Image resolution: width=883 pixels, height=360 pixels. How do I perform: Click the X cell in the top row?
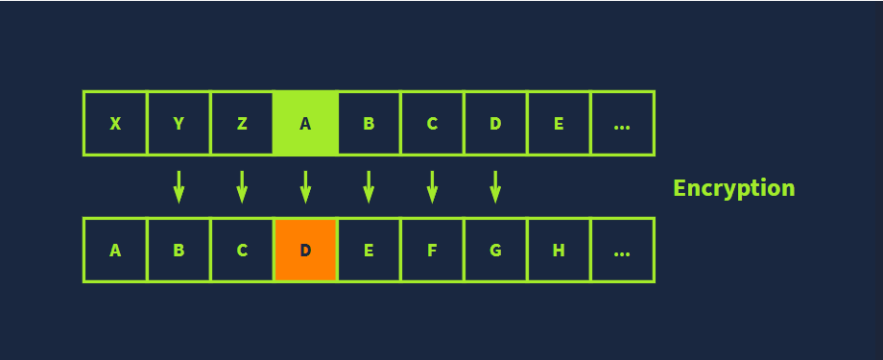tap(115, 123)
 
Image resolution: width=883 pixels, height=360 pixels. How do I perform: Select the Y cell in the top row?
tap(179, 123)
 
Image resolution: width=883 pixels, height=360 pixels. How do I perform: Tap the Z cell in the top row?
tap(242, 123)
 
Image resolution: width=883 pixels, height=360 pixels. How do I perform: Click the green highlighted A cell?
tap(305, 123)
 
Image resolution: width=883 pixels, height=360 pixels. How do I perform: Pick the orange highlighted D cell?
tap(305, 250)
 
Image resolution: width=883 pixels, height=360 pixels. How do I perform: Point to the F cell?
tap(432, 250)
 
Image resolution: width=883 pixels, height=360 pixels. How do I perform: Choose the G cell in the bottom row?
tap(495, 250)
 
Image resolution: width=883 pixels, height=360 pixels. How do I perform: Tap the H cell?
tap(559, 250)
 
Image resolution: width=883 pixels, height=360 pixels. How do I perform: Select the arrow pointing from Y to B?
tap(179, 186)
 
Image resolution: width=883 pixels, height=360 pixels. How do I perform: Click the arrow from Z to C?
tap(242, 186)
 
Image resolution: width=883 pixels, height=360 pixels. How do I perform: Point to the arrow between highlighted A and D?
tap(306, 186)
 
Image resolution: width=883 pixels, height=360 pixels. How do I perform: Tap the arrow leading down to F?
tap(432, 186)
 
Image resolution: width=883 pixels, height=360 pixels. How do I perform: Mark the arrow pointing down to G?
tap(495, 186)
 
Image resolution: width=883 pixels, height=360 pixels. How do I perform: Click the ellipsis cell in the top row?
tap(622, 123)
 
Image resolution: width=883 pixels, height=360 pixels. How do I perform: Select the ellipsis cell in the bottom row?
tap(622, 250)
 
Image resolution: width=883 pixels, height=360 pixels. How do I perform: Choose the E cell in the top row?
tap(559, 123)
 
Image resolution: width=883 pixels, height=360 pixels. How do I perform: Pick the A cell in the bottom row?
tap(115, 250)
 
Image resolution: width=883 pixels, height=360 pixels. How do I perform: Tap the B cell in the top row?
tap(369, 123)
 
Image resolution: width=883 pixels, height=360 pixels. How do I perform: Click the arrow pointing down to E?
tap(369, 186)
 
